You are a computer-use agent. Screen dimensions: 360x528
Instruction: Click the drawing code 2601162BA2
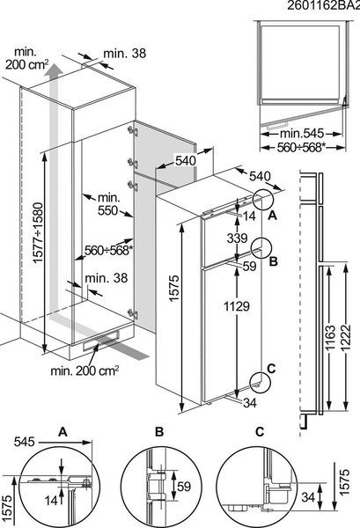click(323, 6)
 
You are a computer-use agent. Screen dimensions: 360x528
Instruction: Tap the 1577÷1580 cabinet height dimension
click(39, 232)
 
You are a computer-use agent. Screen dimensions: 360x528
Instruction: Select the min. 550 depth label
click(108, 204)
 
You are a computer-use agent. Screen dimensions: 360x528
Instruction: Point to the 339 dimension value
click(237, 238)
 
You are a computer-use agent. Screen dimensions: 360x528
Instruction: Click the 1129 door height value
click(237, 306)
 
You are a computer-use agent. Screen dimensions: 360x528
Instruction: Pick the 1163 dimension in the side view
click(329, 337)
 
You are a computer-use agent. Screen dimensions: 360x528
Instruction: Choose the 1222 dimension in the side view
click(345, 337)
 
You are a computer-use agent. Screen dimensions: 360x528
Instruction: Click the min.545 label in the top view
click(302, 134)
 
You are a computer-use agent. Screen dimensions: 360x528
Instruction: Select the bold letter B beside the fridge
click(273, 261)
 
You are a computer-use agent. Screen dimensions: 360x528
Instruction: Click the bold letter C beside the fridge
click(271, 369)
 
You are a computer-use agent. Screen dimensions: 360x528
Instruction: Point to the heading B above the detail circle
click(159, 432)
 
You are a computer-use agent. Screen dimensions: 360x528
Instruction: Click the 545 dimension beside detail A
click(25, 442)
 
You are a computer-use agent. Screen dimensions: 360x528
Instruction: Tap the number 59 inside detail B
click(184, 487)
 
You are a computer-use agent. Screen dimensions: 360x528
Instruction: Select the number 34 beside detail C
click(308, 497)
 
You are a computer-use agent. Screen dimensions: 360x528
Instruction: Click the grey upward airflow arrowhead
click(54, 70)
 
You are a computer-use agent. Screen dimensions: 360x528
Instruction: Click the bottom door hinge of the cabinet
click(133, 314)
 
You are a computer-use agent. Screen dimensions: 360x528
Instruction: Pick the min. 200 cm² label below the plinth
click(84, 370)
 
